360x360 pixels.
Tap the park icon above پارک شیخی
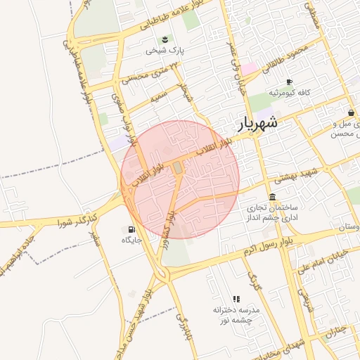coord(165,39)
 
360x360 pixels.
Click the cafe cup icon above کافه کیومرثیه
coord(289,82)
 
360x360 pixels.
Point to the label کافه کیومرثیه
coord(294,94)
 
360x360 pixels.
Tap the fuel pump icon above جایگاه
coord(131,229)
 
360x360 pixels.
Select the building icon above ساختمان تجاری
coord(272,196)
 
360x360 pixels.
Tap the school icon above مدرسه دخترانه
coord(236,299)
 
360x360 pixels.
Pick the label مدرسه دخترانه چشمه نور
coord(236,314)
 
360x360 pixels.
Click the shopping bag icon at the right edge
coord(351,112)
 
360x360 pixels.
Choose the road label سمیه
coord(159,94)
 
